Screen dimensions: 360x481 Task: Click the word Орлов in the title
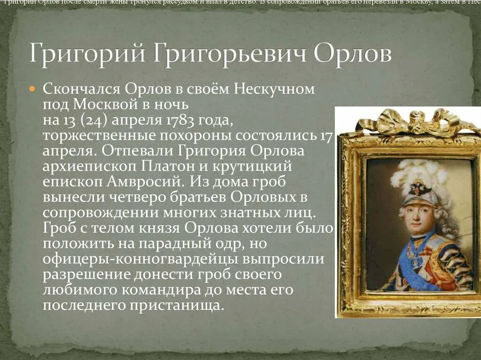(352, 53)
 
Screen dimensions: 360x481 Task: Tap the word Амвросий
(138, 182)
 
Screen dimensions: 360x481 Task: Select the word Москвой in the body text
(101, 104)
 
